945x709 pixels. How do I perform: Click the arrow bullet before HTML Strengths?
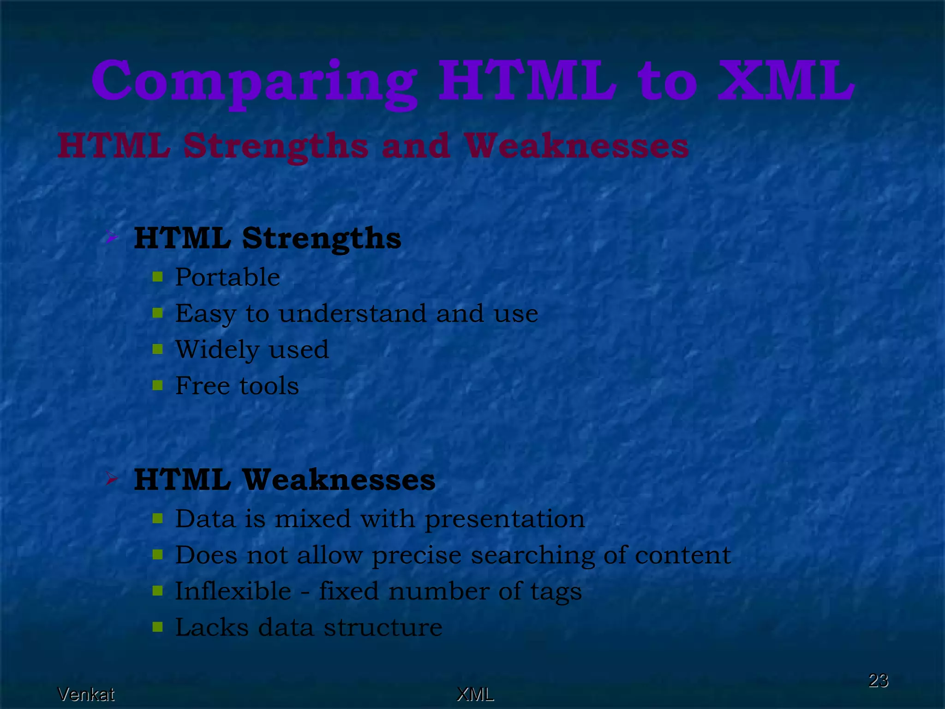pos(111,238)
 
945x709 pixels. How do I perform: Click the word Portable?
pos(227,277)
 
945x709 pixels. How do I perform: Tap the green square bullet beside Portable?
pos(158,277)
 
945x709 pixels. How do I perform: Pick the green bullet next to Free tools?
pos(158,385)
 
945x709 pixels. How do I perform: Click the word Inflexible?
pos(233,591)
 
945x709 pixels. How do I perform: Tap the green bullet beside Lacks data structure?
pos(158,627)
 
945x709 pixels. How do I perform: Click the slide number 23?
pos(878,680)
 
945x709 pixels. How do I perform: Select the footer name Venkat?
pos(86,694)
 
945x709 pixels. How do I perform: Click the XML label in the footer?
pos(475,694)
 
